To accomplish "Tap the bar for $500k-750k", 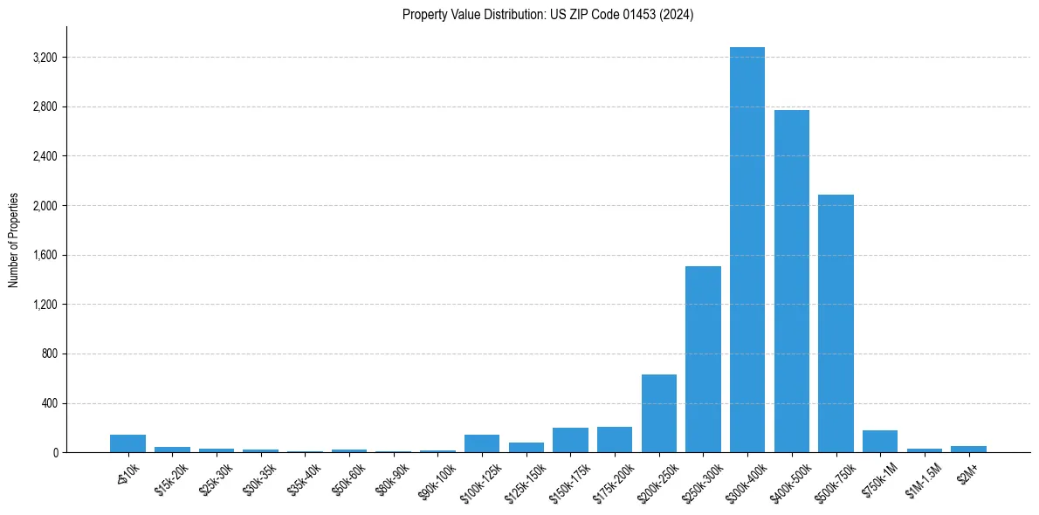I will point(836,323).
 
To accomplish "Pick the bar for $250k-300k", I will point(703,359).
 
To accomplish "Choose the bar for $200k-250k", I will point(658,413).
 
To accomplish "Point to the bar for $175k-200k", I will point(615,440).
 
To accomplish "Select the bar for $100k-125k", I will point(482,443).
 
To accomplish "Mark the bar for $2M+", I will point(968,449).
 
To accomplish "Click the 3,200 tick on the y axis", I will point(45,58).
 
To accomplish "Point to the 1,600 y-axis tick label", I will point(45,256).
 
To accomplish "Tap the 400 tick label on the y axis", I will point(50,404).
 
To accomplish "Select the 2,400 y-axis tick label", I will point(45,157).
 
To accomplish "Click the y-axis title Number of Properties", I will point(14,239).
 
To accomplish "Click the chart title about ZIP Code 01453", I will point(547,15).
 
